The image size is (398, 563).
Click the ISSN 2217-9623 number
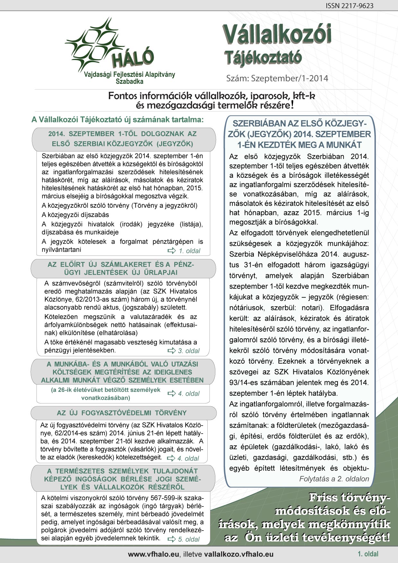tap(350, 6)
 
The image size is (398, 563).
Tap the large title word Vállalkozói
tap(277, 35)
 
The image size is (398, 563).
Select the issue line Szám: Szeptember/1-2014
tap(277, 78)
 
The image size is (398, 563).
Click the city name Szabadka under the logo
tap(129, 82)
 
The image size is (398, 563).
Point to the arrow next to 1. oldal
tap(172, 251)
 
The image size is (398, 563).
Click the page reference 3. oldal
tap(189, 351)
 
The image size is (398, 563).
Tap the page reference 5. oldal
tap(189, 539)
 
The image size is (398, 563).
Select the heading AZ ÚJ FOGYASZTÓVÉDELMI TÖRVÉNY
tap(122, 413)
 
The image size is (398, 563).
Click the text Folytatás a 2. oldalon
tap(334, 479)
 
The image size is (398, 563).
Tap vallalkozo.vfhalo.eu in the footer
tap(238, 554)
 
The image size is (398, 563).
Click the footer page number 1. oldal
tap(368, 554)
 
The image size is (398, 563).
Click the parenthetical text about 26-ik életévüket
tap(106, 394)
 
